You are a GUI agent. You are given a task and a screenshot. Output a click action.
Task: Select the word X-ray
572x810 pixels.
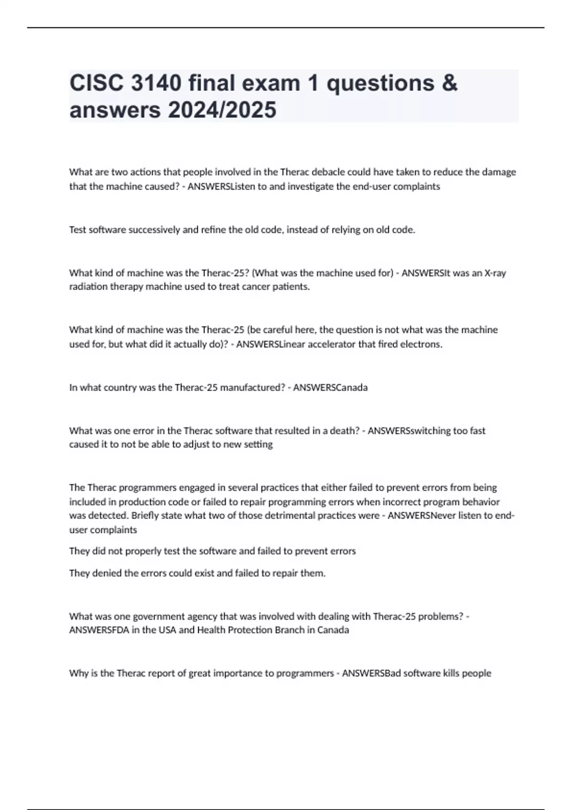[x=495, y=273]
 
